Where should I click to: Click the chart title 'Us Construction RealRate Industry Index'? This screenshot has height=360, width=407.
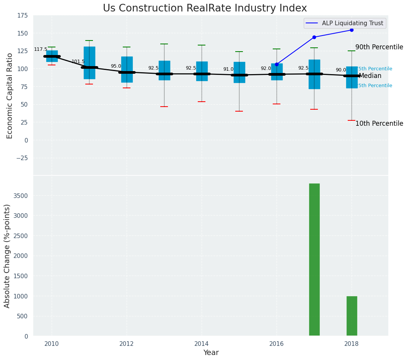click(x=205, y=8)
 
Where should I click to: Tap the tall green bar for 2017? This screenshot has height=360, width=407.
click(x=314, y=260)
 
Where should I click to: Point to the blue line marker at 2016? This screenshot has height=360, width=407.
click(x=277, y=64)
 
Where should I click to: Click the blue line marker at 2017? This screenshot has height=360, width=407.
click(x=314, y=37)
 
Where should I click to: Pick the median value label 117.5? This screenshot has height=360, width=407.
click(x=41, y=49)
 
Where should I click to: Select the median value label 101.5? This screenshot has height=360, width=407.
click(x=78, y=62)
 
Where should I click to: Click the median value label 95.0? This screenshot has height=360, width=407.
click(x=116, y=66)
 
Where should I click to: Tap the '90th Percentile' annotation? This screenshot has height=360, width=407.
click(x=379, y=47)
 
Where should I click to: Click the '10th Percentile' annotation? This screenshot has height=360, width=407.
click(x=379, y=123)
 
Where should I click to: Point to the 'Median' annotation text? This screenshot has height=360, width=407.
click(x=370, y=76)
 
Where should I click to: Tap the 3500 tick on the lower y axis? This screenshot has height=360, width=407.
click(x=21, y=196)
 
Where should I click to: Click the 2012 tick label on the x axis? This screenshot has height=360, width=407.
click(x=127, y=344)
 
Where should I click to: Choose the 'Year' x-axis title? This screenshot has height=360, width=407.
click(x=211, y=353)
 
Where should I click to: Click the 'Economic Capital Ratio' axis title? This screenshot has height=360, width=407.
click(x=10, y=96)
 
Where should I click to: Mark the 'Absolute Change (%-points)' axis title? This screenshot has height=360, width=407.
click(x=7, y=256)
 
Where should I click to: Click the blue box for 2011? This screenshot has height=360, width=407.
click(x=89, y=63)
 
